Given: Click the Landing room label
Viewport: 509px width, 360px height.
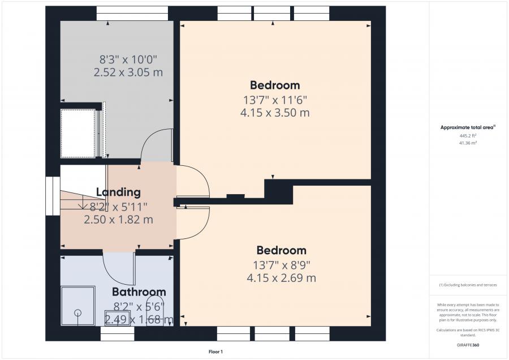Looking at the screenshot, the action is click(119, 192).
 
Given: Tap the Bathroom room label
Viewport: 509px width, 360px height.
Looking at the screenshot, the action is click(139, 292).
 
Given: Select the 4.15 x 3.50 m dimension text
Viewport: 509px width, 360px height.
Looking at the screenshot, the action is click(275, 113).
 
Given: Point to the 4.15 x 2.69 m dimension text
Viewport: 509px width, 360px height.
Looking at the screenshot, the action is click(282, 278).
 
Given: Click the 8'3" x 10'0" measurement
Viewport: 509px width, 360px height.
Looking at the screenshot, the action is click(128, 60).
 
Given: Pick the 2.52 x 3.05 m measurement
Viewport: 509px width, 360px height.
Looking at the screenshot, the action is click(128, 72).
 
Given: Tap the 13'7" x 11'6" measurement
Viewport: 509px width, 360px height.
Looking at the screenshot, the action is click(275, 100).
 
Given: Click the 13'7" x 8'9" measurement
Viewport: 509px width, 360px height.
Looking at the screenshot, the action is click(282, 265).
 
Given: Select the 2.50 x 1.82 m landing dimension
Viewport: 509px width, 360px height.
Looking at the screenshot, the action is click(119, 220).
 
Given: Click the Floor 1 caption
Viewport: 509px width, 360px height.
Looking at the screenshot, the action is click(215, 352).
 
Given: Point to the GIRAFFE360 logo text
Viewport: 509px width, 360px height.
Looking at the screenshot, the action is click(468, 345).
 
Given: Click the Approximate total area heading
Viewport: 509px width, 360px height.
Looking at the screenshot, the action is click(468, 127).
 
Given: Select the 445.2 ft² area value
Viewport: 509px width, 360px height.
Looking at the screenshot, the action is click(468, 136).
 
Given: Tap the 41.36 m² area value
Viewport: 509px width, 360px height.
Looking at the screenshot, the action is click(468, 143).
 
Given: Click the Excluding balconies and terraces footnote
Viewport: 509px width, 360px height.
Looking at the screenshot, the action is click(468, 285).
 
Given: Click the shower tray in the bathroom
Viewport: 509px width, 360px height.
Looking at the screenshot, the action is click(78, 306).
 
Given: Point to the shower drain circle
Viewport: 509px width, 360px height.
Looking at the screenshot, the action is click(78, 313).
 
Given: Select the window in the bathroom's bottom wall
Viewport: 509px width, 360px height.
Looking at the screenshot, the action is click(118, 334).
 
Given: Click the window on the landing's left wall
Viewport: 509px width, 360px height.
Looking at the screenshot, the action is click(53, 196).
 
